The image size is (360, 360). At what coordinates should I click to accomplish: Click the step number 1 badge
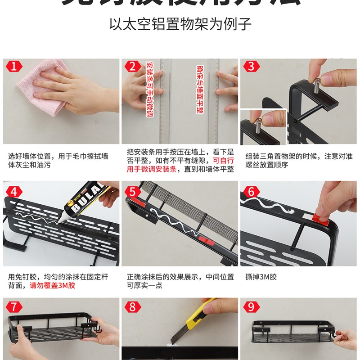(x=13, y=67)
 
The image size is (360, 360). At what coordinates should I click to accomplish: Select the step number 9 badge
(x=251, y=307)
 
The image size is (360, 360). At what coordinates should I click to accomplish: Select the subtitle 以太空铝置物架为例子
(x=180, y=23)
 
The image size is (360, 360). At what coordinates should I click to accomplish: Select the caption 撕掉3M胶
(x=261, y=277)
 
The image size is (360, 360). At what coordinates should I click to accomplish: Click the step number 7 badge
(x=13, y=307)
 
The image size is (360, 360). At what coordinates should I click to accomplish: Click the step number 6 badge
(x=251, y=191)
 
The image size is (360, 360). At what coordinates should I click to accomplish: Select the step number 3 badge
(x=251, y=67)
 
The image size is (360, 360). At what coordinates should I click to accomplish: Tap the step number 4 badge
(x=13, y=191)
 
